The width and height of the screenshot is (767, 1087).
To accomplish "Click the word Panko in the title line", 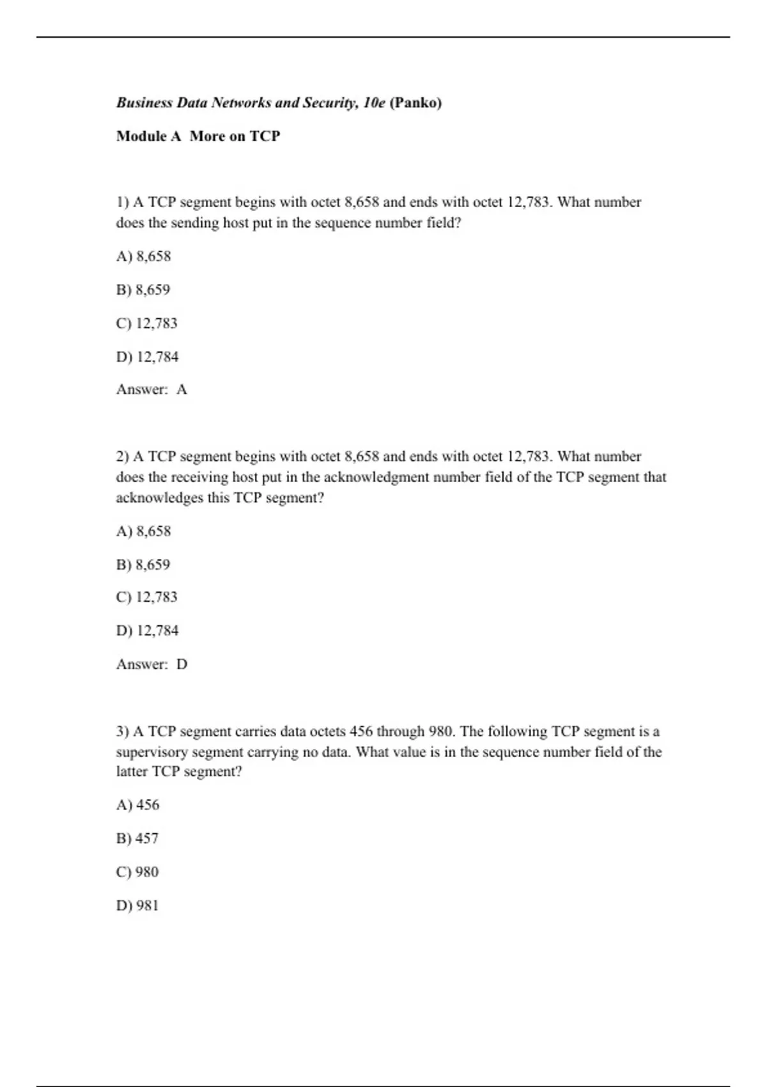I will tap(415, 103).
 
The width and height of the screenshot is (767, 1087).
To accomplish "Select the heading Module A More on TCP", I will tap(198, 136).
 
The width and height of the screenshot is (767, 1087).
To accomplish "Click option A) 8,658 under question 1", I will tap(144, 256).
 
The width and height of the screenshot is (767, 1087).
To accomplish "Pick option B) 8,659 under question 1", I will tap(144, 290).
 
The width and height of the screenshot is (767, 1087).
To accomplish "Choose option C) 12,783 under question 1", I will tap(147, 323).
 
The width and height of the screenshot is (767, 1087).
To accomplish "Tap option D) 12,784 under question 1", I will tap(148, 357).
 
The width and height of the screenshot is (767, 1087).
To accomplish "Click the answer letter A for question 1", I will tap(182, 389).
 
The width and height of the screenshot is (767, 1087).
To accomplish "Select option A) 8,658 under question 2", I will tap(144, 531).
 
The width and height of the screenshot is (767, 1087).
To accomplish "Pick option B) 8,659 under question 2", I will tap(144, 565).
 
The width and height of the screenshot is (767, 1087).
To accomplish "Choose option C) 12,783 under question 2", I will tap(147, 597).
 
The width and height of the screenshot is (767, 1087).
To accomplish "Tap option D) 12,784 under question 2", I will tap(148, 630).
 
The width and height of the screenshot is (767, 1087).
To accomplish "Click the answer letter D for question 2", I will tap(182, 664).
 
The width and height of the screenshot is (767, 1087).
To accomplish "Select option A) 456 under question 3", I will tap(138, 805).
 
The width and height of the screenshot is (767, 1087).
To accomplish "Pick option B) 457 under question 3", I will tap(137, 838).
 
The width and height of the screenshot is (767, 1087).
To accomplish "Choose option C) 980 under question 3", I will tap(137, 872).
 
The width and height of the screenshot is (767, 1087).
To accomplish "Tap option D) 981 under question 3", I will tap(137, 905).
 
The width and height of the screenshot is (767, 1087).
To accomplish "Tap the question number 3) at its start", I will tap(123, 731).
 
